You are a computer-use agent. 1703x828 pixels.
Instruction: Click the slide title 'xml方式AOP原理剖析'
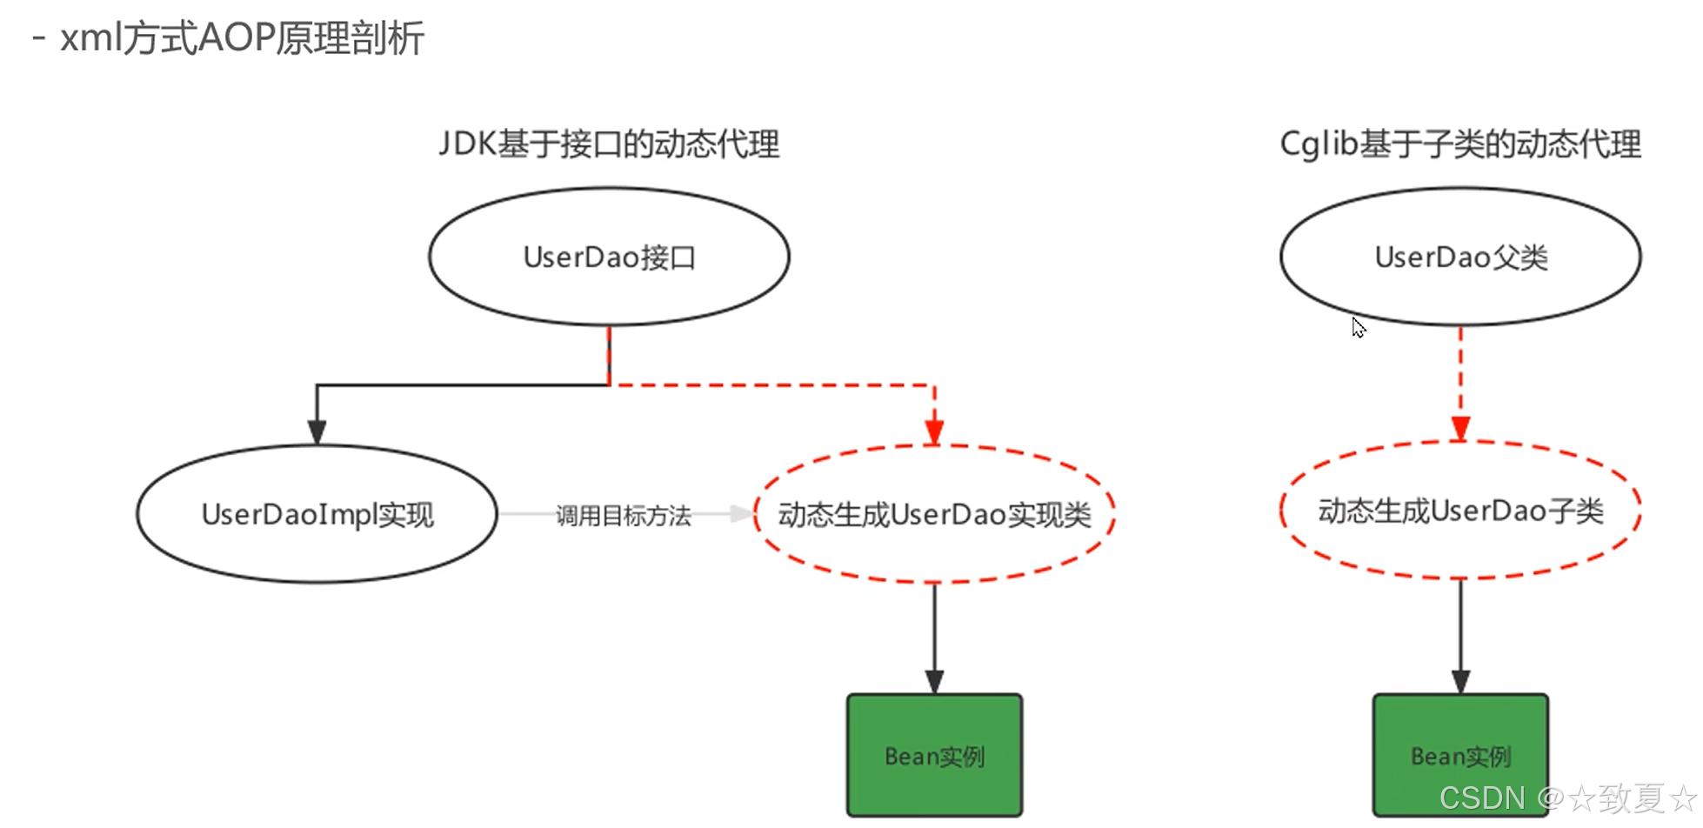coord(242,38)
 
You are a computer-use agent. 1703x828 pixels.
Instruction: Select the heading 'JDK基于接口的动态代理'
coord(609,144)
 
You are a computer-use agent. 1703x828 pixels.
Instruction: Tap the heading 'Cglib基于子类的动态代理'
coord(1460,144)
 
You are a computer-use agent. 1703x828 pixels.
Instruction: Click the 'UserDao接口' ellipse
coord(609,257)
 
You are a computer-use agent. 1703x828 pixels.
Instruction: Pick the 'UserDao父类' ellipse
coord(1460,257)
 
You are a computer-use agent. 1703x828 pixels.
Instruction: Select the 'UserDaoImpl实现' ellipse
coord(317,515)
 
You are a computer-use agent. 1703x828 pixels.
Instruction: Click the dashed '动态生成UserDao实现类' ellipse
coord(934,515)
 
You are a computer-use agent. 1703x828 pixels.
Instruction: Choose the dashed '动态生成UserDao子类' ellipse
coord(1460,511)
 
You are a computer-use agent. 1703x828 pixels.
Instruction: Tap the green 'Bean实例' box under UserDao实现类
coord(934,755)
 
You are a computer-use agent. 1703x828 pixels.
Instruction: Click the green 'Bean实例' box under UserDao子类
coord(1460,755)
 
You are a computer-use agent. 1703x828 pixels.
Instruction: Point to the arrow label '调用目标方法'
coord(623,516)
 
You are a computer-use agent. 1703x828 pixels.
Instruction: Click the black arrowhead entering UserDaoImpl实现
coord(317,432)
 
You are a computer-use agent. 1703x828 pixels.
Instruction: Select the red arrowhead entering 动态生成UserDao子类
coord(1460,429)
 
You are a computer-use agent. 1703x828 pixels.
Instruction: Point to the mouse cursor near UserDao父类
coord(1359,327)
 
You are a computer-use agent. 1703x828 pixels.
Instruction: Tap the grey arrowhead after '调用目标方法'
coord(741,514)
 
